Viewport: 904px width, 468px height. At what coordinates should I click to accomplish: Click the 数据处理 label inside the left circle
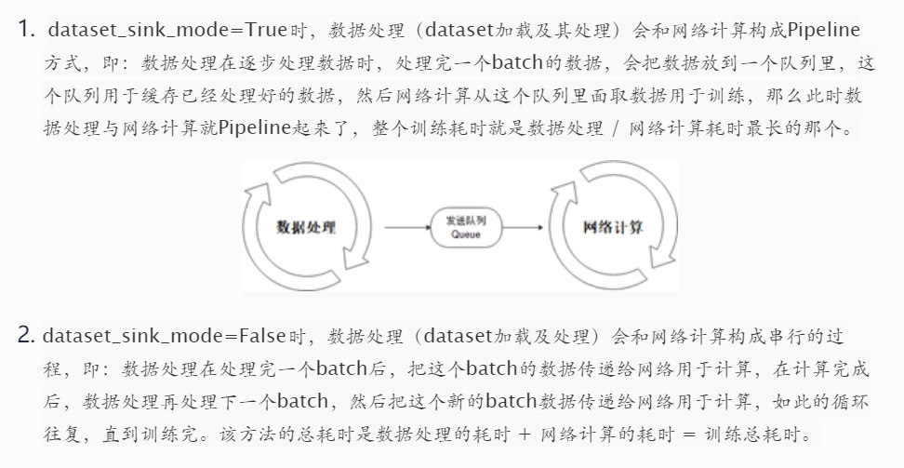point(306,227)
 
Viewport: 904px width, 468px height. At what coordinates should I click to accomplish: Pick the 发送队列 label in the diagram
point(466,221)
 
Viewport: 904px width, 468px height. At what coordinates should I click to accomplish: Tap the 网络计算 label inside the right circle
point(613,227)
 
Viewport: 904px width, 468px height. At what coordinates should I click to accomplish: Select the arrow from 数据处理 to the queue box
point(405,227)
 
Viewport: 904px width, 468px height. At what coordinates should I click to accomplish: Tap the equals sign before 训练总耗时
point(685,434)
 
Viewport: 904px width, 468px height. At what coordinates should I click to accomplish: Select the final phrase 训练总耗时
point(752,434)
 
